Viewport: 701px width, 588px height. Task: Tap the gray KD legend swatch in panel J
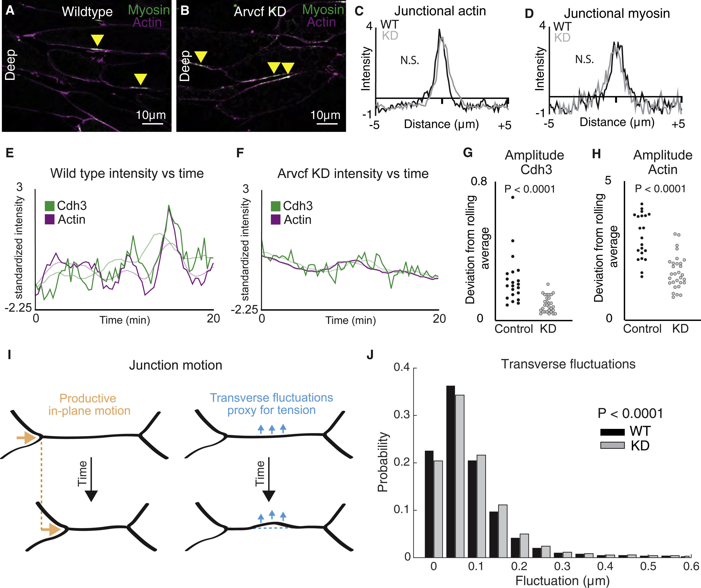[612, 446]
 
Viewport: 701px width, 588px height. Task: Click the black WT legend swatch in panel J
[612, 432]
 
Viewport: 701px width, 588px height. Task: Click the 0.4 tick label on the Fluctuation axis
[605, 566]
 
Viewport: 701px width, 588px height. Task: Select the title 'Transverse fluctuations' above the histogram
[568, 364]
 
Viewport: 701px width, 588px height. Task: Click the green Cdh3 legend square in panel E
[49, 206]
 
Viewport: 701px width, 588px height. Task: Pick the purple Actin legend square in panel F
[275, 220]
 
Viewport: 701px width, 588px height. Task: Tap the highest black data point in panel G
[513, 197]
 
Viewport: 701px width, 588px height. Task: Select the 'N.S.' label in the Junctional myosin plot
[584, 59]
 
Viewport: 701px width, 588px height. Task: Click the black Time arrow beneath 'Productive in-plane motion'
[91, 479]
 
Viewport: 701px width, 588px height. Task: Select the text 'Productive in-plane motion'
[89, 404]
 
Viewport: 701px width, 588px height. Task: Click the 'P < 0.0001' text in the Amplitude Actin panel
[660, 189]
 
